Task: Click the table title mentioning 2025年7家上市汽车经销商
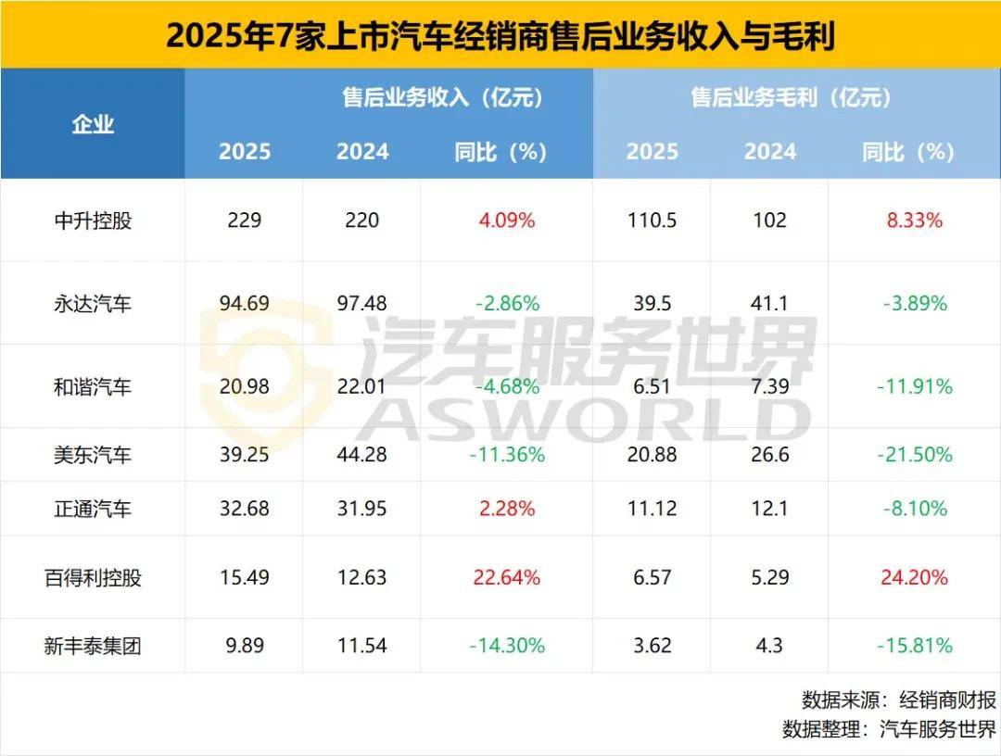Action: [x=500, y=35]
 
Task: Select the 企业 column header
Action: [x=93, y=124]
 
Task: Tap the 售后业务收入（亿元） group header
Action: [x=442, y=96]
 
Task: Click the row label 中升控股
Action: [x=93, y=220]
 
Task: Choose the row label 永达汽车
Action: [x=93, y=303]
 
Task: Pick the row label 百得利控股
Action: [x=93, y=577]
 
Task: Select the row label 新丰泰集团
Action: [x=93, y=646]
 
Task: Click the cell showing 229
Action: [x=244, y=220]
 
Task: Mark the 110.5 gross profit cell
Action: [x=652, y=220]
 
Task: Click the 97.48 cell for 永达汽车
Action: [x=361, y=303]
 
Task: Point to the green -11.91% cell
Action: [x=913, y=386]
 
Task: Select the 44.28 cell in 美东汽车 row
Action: [x=361, y=455]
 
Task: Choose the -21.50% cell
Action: [x=913, y=455]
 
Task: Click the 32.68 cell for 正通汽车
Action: [x=244, y=509]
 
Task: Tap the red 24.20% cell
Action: [x=913, y=577]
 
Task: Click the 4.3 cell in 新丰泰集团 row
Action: [x=769, y=646]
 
